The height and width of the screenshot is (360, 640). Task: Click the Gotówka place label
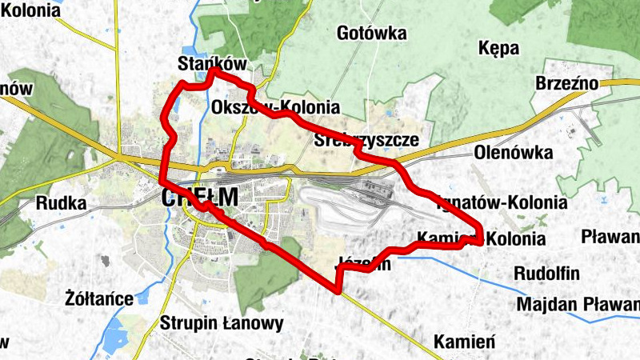[372, 34]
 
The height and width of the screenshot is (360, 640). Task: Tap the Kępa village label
[499, 48]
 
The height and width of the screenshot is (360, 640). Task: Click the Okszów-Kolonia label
[276, 107]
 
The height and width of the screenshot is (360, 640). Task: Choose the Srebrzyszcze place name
[366, 140]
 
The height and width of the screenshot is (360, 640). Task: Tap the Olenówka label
[509, 152]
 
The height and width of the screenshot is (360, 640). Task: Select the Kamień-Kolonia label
[482, 239]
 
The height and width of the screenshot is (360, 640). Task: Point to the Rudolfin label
[546, 274]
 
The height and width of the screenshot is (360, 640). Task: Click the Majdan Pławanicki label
[578, 305]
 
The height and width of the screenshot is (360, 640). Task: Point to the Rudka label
[61, 203]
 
